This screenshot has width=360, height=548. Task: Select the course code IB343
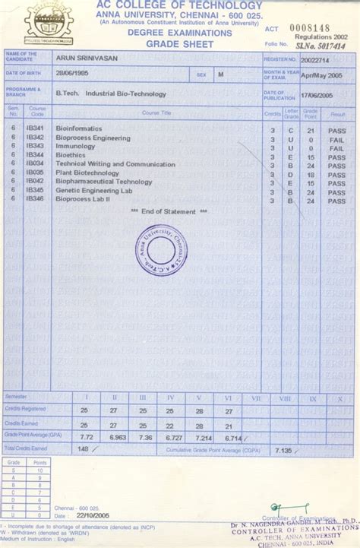(x=34, y=146)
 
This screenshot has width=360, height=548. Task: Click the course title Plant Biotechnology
(x=87, y=173)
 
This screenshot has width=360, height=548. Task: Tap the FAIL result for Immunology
(x=336, y=147)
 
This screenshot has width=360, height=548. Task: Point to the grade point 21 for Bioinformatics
(x=311, y=129)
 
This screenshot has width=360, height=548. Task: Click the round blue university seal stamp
(x=163, y=251)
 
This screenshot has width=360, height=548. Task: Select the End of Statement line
(x=163, y=211)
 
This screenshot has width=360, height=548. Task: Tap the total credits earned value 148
(x=83, y=449)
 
